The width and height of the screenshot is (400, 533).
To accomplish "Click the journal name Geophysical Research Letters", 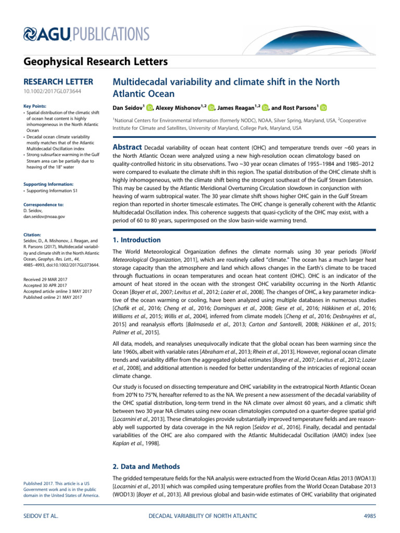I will coord(96,62).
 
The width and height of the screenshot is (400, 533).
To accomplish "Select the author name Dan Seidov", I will coord(128,108).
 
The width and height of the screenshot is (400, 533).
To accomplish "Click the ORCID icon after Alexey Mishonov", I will coord(211,108).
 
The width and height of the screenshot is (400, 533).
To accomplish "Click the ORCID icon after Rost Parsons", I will coord(323,108).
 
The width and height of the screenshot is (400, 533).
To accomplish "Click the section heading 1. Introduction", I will coord(137,240).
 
